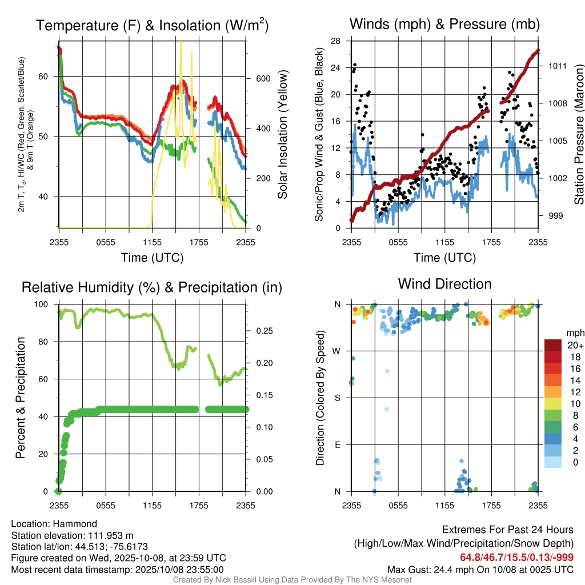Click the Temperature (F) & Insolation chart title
(152, 25)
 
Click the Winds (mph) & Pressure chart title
(444, 24)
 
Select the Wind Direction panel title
(444, 284)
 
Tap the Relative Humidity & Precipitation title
(151, 287)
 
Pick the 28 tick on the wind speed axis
(335, 41)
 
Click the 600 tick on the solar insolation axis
(262, 78)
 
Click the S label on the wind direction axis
(337, 398)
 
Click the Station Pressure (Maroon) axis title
(578, 137)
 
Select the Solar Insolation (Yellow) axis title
(283, 135)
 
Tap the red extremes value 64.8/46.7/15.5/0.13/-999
(516, 557)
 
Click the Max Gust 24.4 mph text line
(480, 569)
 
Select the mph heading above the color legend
(575, 332)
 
